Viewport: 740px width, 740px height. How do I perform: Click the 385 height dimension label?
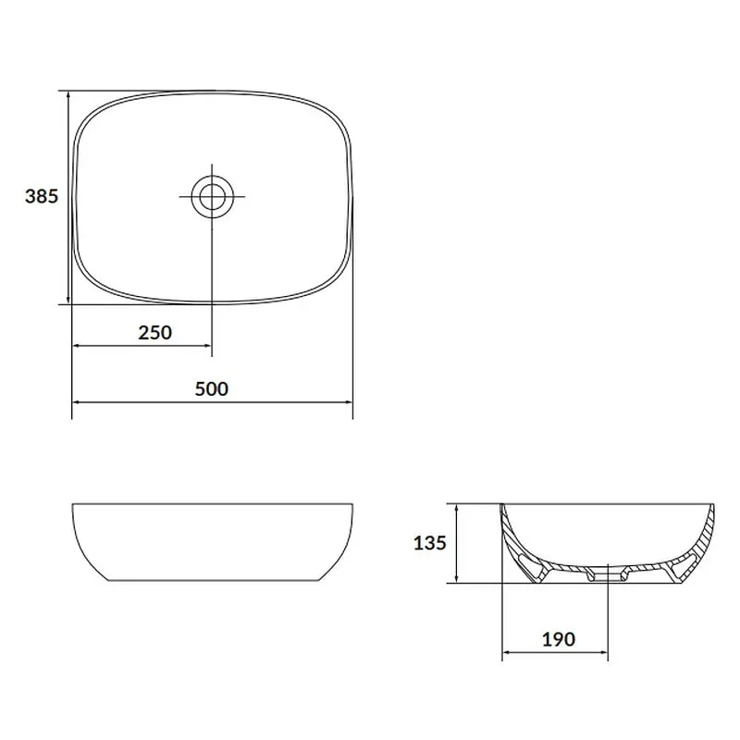[x=42, y=196]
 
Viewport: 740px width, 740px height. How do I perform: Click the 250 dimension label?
[x=154, y=333]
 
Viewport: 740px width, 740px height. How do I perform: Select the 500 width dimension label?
[x=212, y=388]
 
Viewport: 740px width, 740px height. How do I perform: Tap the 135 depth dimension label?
[x=429, y=543]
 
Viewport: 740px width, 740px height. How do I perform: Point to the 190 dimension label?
[x=559, y=639]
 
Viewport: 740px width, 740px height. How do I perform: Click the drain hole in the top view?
[x=212, y=196]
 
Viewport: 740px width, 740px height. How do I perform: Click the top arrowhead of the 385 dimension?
[x=68, y=96]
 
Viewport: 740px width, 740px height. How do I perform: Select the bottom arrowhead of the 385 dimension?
[x=68, y=299]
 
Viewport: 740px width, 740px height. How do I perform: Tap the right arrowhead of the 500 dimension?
[x=348, y=402]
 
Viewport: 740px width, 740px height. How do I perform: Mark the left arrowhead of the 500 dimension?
[x=77, y=402]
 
